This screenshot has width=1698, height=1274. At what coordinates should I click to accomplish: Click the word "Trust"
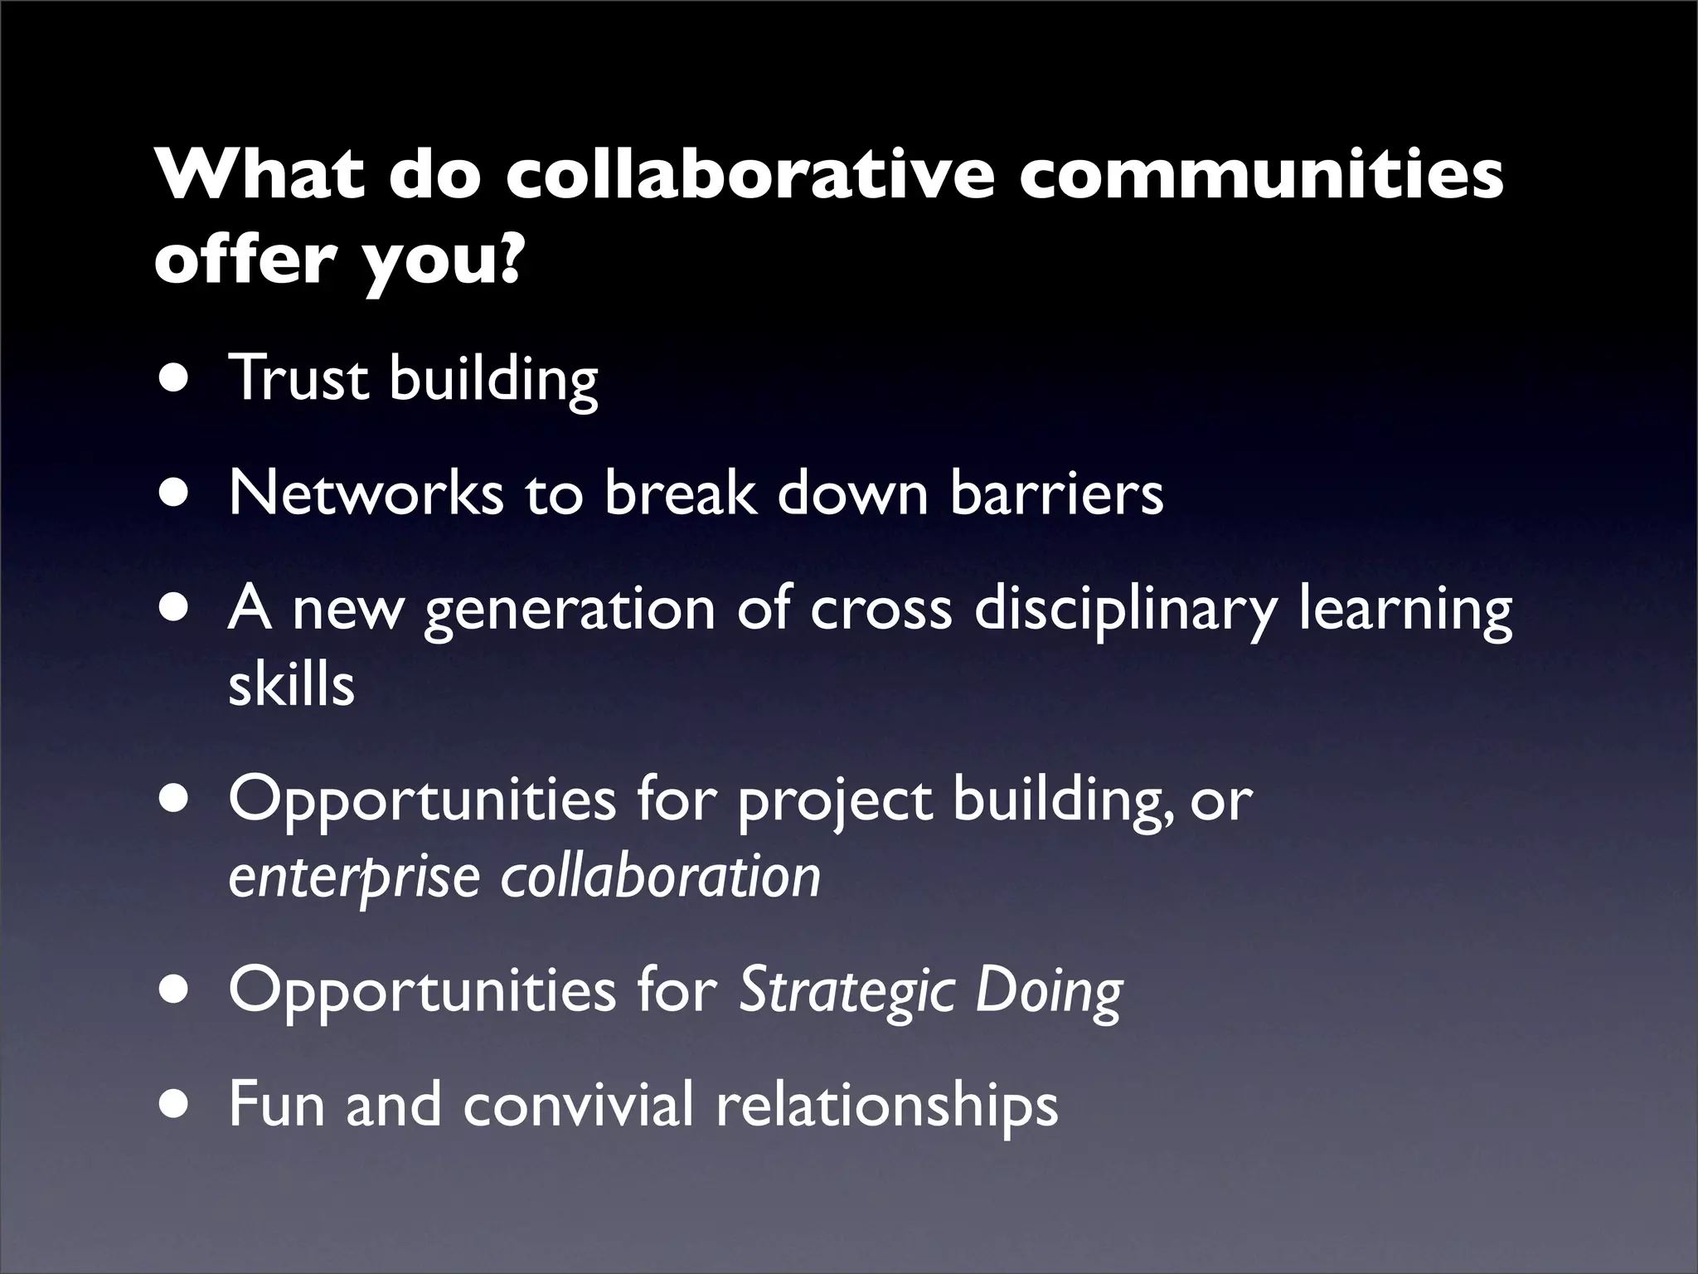click(x=298, y=378)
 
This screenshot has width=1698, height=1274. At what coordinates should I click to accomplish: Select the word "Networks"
click(x=366, y=493)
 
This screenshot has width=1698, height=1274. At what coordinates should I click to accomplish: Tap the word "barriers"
click(x=1056, y=493)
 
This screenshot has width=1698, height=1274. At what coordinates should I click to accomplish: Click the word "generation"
click(x=569, y=610)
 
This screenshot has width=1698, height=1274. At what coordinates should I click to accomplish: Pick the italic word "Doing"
click(x=1049, y=992)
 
